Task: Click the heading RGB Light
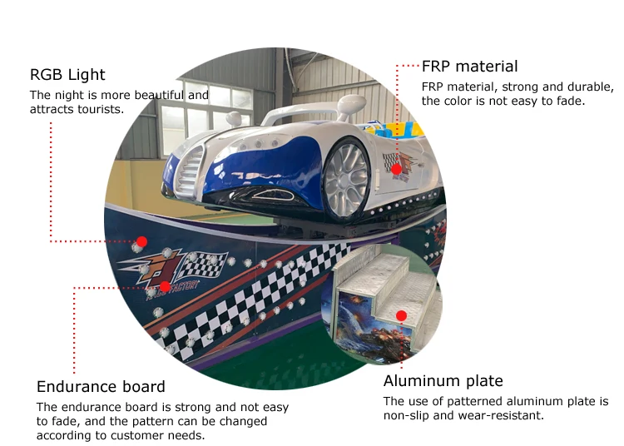point(67,75)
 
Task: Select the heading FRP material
point(469,67)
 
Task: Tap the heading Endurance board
point(101,387)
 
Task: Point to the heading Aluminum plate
point(443,381)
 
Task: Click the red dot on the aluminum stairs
point(401,316)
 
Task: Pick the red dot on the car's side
point(396,169)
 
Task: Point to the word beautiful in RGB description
point(158,95)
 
